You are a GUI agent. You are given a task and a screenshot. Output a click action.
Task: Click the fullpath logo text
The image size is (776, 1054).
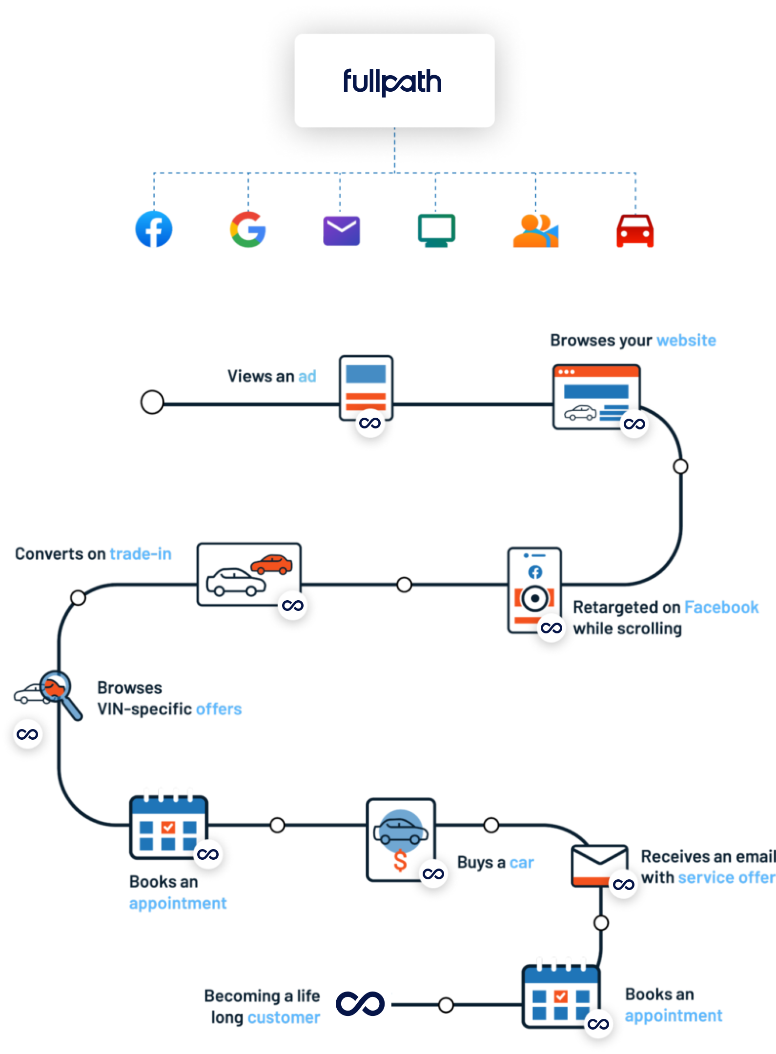click(392, 82)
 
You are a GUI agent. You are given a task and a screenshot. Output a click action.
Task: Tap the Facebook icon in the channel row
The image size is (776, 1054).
click(154, 229)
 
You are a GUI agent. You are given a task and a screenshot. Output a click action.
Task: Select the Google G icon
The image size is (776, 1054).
click(248, 230)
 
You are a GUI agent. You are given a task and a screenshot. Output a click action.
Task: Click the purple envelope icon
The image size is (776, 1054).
click(342, 230)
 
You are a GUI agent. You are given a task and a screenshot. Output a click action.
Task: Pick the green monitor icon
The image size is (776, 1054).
click(436, 230)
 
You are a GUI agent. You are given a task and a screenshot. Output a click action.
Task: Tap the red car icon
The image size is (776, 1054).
click(634, 231)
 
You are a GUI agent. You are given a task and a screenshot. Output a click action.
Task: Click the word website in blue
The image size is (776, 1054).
click(686, 340)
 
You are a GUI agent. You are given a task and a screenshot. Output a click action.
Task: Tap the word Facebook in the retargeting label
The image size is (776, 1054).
click(721, 607)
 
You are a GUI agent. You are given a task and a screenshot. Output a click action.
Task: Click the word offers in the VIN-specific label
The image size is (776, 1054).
click(218, 709)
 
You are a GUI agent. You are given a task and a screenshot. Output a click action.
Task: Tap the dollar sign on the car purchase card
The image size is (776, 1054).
click(400, 861)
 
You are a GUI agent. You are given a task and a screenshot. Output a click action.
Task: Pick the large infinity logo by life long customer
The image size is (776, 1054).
click(360, 1001)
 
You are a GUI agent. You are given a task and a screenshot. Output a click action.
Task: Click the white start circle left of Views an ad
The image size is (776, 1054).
click(152, 403)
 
